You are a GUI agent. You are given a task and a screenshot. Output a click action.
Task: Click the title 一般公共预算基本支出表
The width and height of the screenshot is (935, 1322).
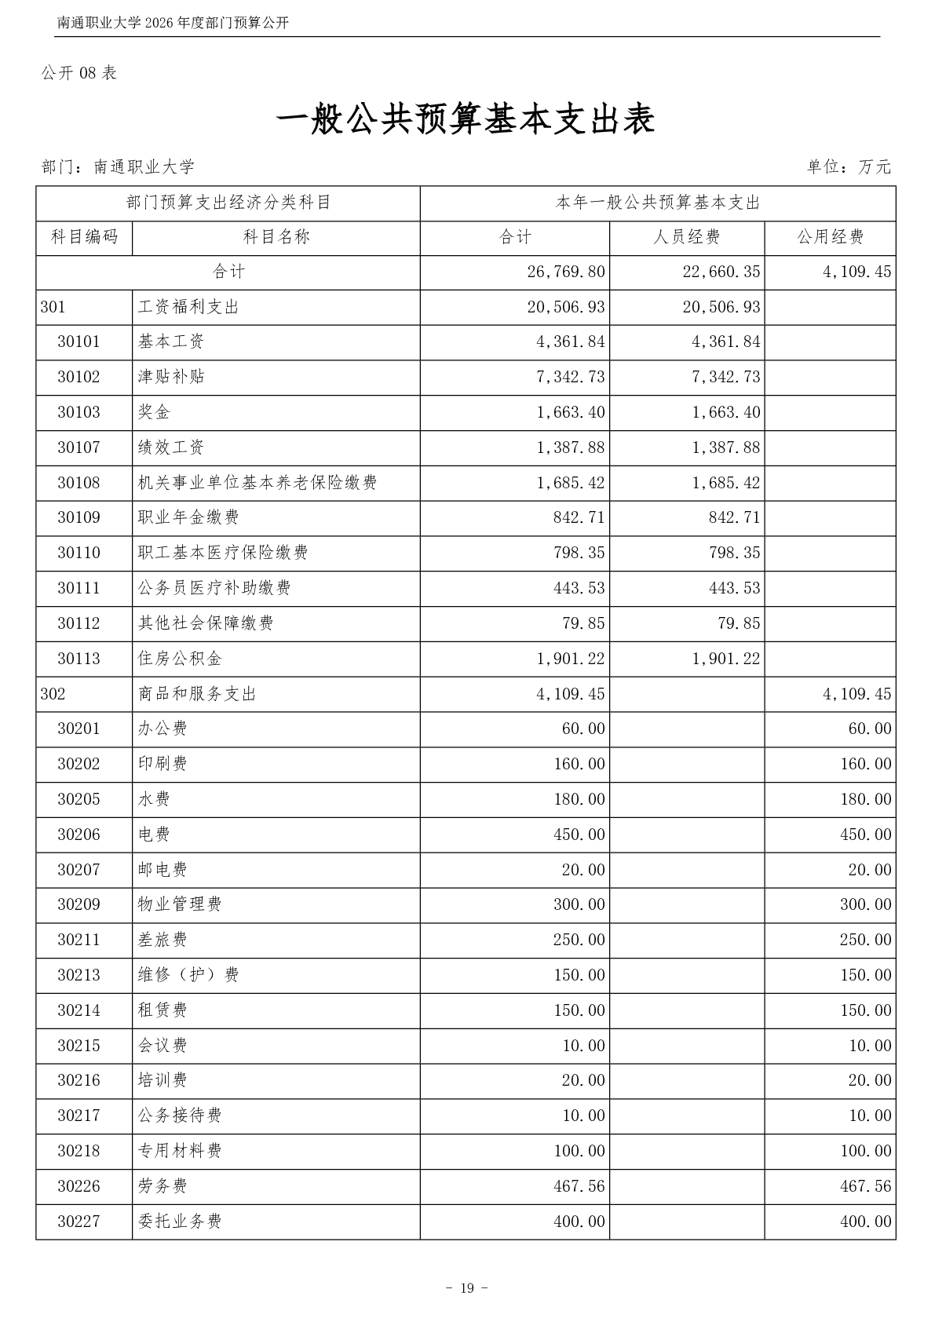466,120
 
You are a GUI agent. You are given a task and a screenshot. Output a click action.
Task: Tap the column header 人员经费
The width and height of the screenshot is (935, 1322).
686,237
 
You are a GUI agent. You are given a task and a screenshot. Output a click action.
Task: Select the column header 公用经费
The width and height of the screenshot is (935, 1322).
830,237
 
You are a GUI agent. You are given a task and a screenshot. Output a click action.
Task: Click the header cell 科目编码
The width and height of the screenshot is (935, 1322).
84,237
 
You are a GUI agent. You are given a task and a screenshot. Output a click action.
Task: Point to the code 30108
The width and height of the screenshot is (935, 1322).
79,483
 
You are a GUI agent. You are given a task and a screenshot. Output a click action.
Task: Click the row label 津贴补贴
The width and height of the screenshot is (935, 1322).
171,377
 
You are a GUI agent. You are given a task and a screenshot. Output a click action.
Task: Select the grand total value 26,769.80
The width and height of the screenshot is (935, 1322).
566,272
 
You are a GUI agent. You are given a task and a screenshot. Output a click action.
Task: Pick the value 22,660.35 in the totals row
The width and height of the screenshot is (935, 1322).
721,272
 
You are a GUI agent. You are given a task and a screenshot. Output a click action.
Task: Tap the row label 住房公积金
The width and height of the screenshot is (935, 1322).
169,659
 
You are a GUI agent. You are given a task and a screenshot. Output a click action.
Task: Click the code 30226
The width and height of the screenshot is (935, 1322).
79,1186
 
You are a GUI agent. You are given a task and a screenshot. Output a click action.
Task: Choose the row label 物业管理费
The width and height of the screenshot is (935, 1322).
180,904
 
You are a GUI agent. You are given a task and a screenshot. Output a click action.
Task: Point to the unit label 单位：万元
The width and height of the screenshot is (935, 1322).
849,166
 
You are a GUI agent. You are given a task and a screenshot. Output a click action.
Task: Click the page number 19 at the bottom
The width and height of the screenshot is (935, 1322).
467,1288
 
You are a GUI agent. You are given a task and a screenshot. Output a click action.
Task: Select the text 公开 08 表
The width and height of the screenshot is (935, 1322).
79,73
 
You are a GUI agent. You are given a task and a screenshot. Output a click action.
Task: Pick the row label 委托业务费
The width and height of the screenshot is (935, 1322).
180,1222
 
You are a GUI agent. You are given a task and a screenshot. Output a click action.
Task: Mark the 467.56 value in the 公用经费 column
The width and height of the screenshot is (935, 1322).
865,1186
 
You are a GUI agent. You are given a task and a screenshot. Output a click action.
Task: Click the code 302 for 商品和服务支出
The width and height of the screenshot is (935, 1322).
53,694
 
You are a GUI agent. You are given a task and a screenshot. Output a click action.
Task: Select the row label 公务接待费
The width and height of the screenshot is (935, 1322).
180,1116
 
